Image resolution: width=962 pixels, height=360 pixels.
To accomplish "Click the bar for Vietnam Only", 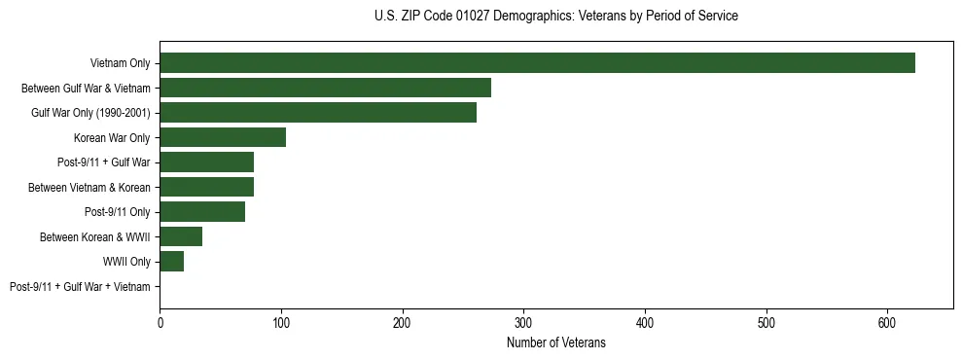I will (537, 63).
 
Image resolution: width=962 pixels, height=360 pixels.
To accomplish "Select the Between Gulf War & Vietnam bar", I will (325, 88).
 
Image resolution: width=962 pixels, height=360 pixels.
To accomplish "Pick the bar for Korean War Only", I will (223, 137).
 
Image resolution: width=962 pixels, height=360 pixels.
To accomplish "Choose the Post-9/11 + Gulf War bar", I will (206, 162).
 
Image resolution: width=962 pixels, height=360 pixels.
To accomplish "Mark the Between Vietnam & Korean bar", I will (206, 187).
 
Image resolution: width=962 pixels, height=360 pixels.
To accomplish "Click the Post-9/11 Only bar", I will (202, 212).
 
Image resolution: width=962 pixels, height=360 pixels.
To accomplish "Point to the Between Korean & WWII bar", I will (181, 236).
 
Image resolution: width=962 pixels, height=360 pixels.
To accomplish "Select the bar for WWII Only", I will (171, 262).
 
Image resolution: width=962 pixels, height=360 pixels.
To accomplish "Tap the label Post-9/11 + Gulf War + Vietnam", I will (80, 287).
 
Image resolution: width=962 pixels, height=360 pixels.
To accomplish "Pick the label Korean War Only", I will (112, 138).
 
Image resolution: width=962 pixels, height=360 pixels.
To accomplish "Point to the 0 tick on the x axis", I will (160, 322).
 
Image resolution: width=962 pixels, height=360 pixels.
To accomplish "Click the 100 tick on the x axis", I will (281, 322).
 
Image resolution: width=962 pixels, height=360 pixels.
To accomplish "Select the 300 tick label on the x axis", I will (523, 322).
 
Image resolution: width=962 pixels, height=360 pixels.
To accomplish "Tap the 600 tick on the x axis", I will (887, 322).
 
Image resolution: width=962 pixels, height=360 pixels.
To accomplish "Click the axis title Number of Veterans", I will (556, 342).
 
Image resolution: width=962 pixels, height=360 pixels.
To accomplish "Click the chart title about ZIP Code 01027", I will (556, 17).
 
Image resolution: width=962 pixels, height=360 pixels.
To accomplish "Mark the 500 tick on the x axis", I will (766, 322).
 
